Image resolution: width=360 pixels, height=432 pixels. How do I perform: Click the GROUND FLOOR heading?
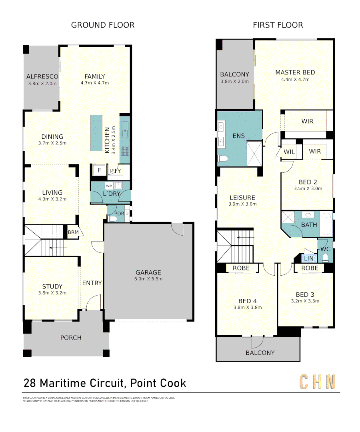(x=103, y=25)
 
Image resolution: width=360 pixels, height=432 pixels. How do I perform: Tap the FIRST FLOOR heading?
(x=278, y=25)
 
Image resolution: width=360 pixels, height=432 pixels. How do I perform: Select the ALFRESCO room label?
(x=42, y=76)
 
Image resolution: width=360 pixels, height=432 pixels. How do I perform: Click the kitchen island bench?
(x=96, y=133)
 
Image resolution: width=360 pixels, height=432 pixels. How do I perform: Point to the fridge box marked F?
(x=99, y=170)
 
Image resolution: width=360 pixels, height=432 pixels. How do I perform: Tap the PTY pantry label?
(x=113, y=171)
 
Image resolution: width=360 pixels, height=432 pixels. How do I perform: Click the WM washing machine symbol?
(x=109, y=186)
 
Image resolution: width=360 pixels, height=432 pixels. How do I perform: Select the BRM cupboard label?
(x=73, y=232)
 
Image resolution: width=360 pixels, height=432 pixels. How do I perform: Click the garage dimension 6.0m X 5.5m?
(x=148, y=279)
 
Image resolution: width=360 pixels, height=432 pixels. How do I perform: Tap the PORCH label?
(x=71, y=338)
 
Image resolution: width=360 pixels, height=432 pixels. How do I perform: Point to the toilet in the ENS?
(x=222, y=159)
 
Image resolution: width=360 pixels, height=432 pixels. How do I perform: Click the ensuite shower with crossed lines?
(x=254, y=153)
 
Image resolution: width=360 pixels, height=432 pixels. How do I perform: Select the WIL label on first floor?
(x=289, y=152)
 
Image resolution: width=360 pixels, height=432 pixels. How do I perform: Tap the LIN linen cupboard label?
(x=309, y=259)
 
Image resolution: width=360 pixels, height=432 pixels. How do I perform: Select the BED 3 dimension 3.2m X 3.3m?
(x=306, y=301)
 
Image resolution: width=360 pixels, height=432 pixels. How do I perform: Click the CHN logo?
(x=317, y=382)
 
